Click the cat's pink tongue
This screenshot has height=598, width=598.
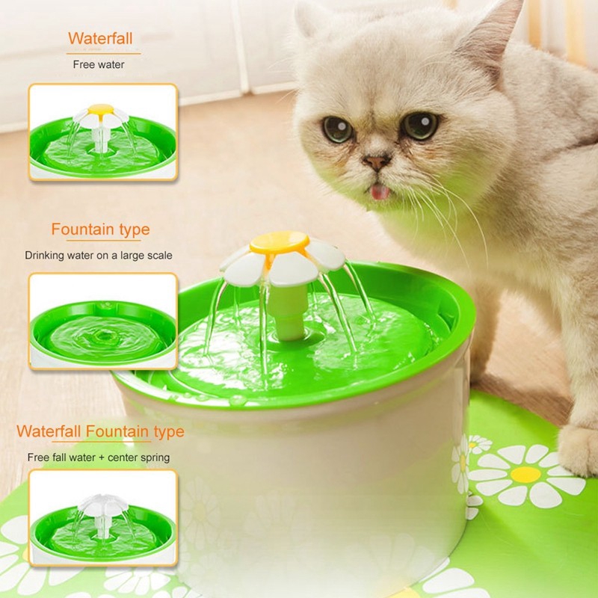(381, 193)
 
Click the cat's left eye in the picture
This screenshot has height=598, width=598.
(338, 129)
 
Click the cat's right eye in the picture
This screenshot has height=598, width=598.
(421, 125)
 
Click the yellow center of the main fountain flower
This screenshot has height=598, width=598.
(279, 241)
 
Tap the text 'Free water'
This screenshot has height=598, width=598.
(99, 64)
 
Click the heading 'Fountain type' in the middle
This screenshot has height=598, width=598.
(100, 229)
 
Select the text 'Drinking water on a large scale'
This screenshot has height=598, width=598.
(99, 256)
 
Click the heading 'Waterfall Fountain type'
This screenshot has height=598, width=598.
(100, 431)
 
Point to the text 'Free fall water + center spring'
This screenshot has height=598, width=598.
(99, 457)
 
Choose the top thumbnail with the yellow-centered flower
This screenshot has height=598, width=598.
(103, 132)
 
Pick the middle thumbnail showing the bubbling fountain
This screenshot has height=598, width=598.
(103, 321)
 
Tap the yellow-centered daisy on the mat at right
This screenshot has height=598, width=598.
(525, 474)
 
